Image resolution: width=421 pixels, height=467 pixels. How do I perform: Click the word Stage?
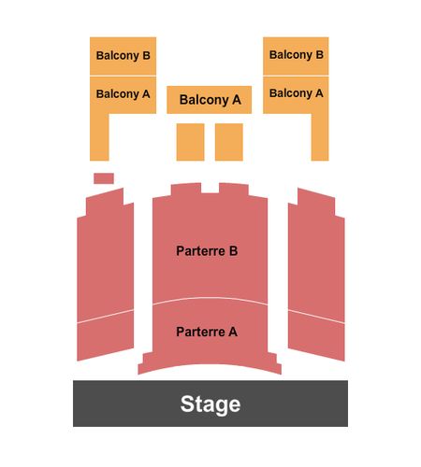click(x=210, y=403)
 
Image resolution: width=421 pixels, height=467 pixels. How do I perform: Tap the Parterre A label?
click(x=207, y=332)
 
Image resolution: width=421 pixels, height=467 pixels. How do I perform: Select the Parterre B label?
click(x=207, y=251)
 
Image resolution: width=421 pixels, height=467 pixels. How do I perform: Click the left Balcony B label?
click(x=123, y=55)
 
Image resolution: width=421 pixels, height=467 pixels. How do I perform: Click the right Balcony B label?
click(x=297, y=54)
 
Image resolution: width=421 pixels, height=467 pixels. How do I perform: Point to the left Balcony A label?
click(x=123, y=93)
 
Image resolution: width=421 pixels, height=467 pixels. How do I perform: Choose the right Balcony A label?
click(x=297, y=92)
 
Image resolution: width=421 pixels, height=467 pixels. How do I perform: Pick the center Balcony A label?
click(x=210, y=100)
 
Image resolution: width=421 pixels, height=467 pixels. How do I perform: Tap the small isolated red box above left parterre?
click(x=104, y=178)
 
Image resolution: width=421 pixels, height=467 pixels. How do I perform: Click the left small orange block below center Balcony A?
click(x=190, y=142)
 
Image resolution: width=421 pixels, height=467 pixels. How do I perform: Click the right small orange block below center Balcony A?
click(x=229, y=142)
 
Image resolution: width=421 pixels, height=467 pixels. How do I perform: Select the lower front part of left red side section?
click(x=106, y=335)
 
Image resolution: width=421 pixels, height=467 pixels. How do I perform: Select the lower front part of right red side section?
click(x=316, y=335)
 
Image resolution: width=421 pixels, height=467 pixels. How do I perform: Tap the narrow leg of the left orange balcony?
click(x=99, y=137)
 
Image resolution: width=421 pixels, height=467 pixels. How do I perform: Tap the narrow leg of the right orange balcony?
click(x=320, y=137)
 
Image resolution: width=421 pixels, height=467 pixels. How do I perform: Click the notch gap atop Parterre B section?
click(x=210, y=188)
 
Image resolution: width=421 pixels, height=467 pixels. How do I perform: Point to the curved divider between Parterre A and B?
click(x=210, y=299)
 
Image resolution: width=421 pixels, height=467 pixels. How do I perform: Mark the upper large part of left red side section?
click(x=106, y=255)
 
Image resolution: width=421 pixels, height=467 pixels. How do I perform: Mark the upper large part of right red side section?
click(x=316, y=255)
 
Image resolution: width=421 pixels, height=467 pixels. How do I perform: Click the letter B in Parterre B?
click(x=233, y=251)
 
